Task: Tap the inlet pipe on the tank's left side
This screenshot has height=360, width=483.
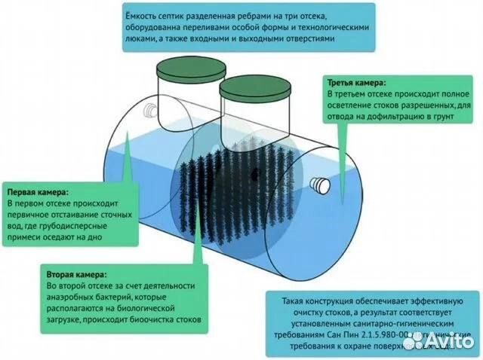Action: tap(152, 111)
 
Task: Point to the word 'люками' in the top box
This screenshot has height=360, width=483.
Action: tap(146, 41)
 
